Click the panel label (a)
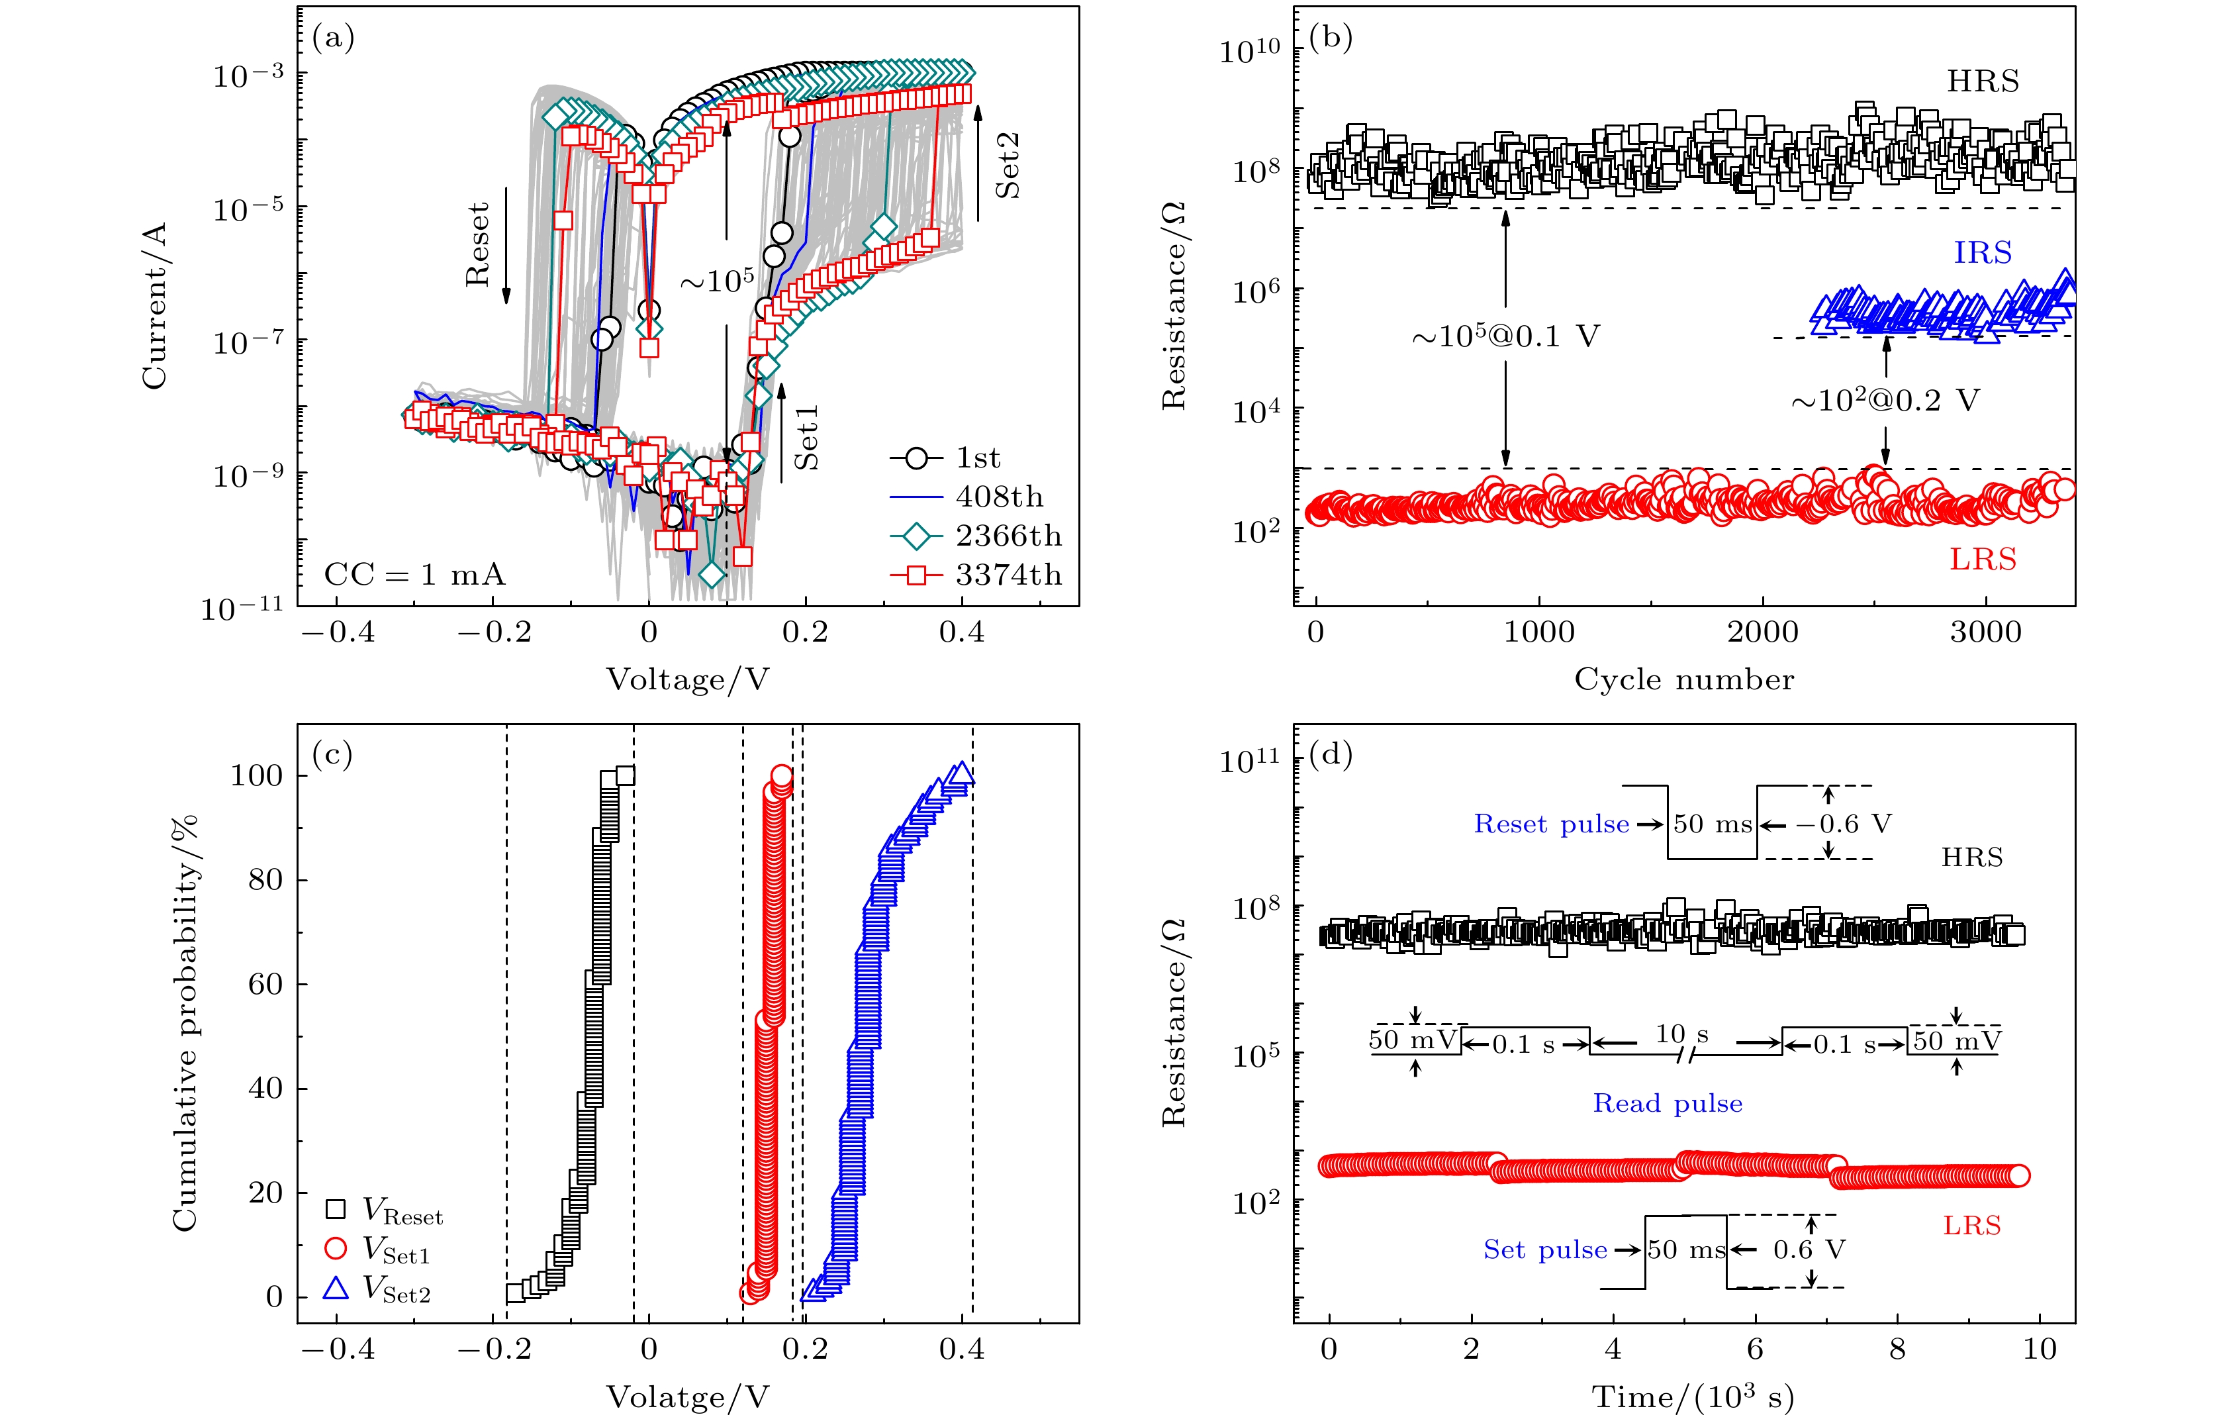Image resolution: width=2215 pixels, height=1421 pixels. click(x=333, y=39)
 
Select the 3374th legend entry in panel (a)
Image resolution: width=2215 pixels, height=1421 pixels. click(x=1008, y=575)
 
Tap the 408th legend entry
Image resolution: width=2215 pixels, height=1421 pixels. click(x=999, y=497)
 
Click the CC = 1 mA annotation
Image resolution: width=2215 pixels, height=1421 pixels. click(x=414, y=575)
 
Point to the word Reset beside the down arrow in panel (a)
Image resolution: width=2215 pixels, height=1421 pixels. click(x=477, y=244)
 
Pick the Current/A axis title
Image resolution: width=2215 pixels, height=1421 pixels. click(x=154, y=305)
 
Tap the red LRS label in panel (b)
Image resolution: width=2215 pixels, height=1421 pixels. click(x=1983, y=559)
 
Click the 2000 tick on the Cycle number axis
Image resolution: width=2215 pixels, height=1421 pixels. click(x=1762, y=632)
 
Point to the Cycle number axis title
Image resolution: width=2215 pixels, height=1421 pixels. click(x=1683, y=680)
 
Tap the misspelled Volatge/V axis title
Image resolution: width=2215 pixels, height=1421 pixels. click(x=687, y=1397)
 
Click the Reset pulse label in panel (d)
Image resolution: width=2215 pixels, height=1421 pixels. click(x=1551, y=824)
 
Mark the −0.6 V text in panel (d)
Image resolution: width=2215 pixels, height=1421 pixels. click(x=1843, y=824)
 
